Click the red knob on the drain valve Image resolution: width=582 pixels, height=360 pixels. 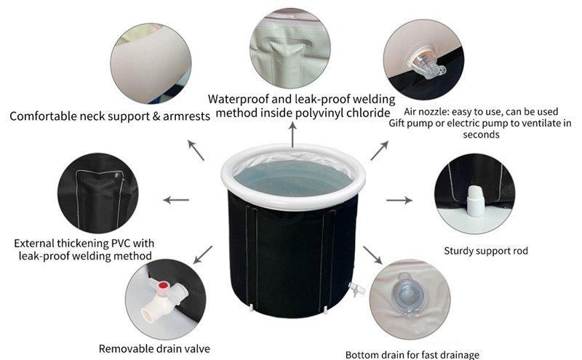(x=162, y=285)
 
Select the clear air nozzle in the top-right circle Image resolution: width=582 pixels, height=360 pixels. (x=426, y=64)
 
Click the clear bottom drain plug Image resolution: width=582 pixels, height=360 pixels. (x=407, y=295)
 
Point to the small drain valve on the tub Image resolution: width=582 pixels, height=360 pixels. (x=356, y=289)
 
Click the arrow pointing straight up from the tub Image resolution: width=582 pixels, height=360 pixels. (x=293, y=135)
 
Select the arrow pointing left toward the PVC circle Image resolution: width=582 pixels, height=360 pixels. (x=176, y=200)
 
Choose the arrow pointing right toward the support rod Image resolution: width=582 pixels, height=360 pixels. (x=399, y=200)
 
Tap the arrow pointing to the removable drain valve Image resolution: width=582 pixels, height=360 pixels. (x=203, y=255)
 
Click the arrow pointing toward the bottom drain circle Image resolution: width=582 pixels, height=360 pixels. (x=372, y=255)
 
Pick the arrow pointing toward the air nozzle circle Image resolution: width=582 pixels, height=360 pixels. (x=379, y=151)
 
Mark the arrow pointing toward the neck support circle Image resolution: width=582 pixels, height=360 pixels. (x=196, y=151)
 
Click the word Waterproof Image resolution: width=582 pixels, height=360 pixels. (x=239, y=99)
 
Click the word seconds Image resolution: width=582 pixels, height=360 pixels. (x=481, y=135)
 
